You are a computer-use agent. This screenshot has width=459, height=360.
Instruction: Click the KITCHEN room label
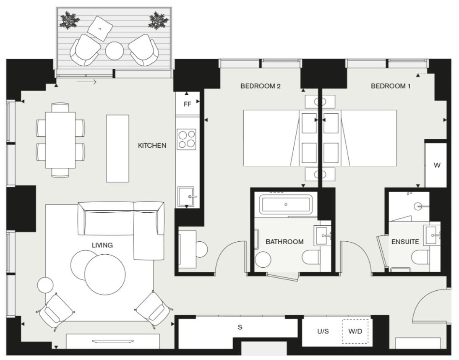tap(152, 146)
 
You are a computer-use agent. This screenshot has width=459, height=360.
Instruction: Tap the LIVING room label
tap(102, 245)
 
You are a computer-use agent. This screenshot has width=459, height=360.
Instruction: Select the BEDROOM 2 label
tap(261, 86)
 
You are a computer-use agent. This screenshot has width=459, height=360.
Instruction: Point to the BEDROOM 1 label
tap(391, 86)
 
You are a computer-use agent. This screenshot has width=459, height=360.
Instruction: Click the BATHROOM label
tap(284, 242)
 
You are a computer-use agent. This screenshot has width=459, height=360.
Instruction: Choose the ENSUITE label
tap(405, 242)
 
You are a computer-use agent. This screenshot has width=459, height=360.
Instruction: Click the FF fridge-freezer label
tap(188, 104)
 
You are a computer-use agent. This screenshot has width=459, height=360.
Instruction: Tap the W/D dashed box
tap(355, 331)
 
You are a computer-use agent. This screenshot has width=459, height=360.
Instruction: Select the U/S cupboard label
tap(323, 331)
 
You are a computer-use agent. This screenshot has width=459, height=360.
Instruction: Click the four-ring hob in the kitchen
tap(187, 139)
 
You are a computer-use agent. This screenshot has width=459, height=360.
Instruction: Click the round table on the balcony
tap(115, 51)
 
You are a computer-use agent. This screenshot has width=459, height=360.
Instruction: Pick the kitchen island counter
tap(117, 149)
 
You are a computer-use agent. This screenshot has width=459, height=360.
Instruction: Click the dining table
tap(60, 140)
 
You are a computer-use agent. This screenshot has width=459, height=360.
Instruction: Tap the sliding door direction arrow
tap(87, 82)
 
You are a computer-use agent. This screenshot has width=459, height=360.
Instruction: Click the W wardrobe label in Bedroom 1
tap(437, 165)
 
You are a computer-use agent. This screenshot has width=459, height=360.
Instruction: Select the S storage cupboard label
tap(240, 327)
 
